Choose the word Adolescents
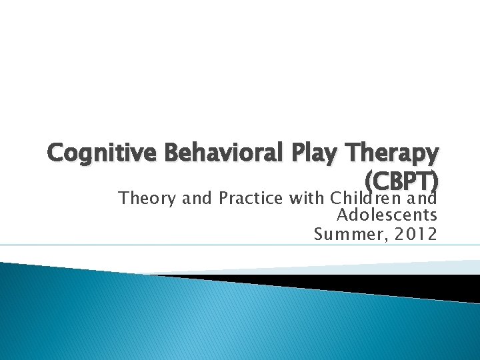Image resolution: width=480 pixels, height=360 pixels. [x=387, y=216]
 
